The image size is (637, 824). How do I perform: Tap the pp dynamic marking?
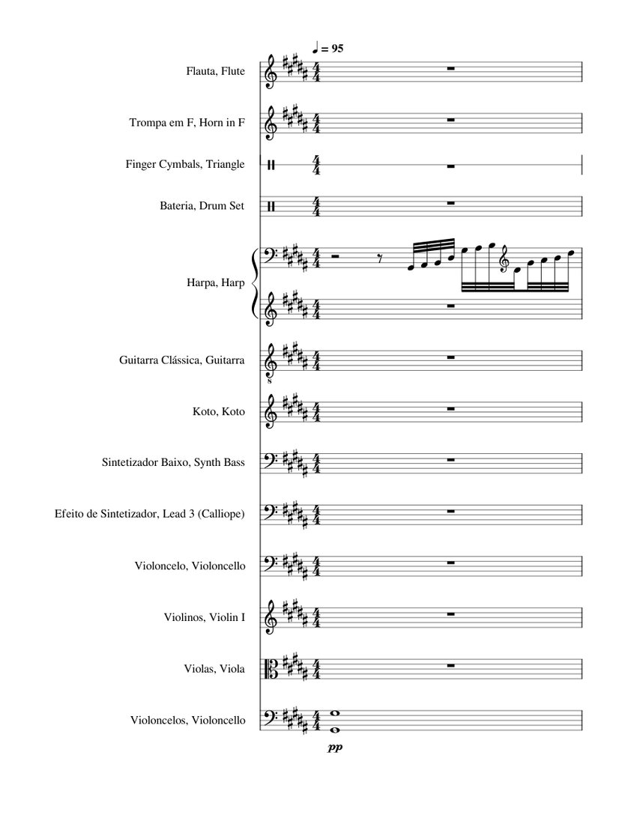(x=334, y=747)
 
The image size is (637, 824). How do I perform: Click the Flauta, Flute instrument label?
(x=216, y=72)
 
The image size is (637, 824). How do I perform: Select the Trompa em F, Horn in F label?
(x=187, y=123)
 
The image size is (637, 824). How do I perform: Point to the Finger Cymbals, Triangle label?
(x=185, y=164)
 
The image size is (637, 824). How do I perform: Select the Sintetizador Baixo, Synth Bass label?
(x=173, y=462)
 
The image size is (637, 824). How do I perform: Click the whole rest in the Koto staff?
(x=450, y=409)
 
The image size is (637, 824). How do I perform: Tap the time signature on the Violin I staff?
(x=317, y=618)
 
